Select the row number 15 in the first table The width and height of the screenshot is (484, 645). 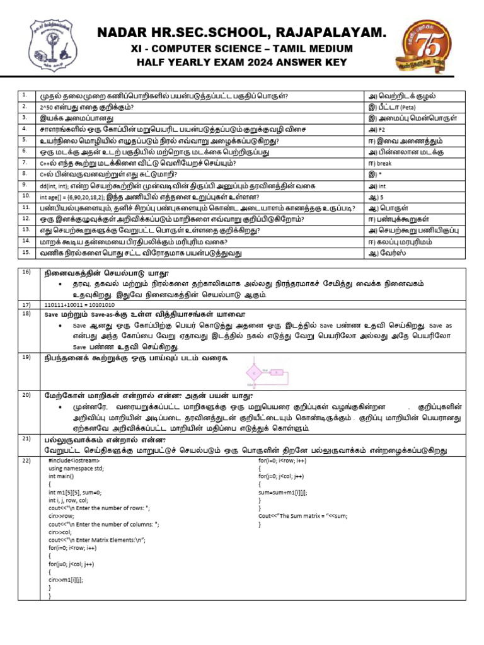click(x=26, y=251)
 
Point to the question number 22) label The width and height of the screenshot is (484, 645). click(x=26, y=461)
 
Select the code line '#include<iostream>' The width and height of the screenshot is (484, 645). click(x=74, y=462)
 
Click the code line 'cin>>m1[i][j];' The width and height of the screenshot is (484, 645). click(x=66, y=578)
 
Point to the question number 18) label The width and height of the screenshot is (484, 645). click(x=26, y=313)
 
